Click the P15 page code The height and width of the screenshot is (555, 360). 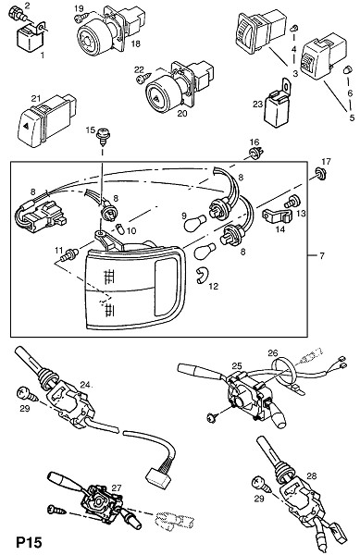tap(29, 542)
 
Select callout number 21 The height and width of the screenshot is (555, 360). tap(36, 99)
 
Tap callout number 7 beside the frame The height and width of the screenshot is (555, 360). tap(321, 255)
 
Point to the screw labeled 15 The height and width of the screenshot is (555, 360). tap(104, 137)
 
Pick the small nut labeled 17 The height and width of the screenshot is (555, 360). tap(321, 174)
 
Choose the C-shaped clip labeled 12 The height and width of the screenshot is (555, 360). tap(203, 276)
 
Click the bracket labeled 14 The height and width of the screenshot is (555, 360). tap(277, 216)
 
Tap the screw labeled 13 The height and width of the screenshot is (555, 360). tap(292, 202)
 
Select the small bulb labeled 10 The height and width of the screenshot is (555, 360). tap(120, 228)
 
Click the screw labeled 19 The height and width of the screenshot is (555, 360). tap(82, 17)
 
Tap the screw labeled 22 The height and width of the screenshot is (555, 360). tap(143, 78)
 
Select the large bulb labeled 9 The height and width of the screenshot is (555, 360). tap(195, 223)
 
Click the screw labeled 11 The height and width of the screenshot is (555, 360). tap(69, 255)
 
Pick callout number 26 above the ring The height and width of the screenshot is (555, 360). tap(273, 353)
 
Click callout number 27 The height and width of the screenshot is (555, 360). tap(117, 487)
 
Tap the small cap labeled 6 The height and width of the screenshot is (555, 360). tap(348, 69)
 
